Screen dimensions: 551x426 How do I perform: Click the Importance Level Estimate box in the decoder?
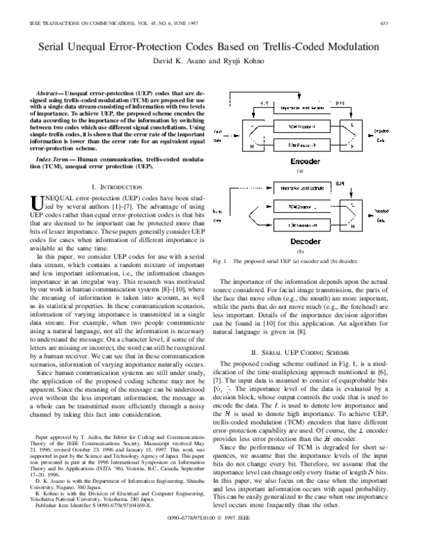[299, 188]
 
